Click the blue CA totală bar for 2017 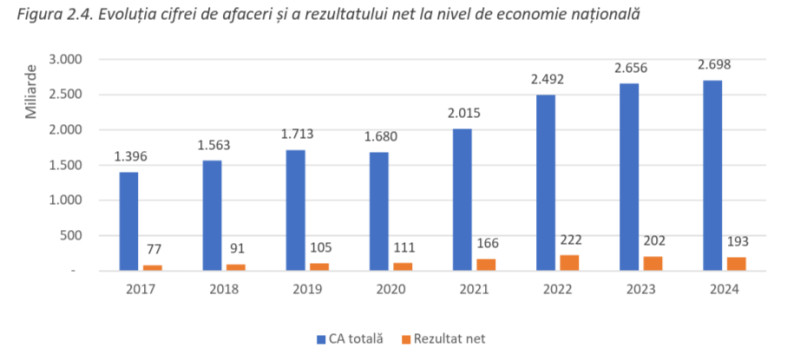[129, 221]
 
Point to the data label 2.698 [712, 67]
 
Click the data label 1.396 [130, 157]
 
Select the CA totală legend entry [349, 339]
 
